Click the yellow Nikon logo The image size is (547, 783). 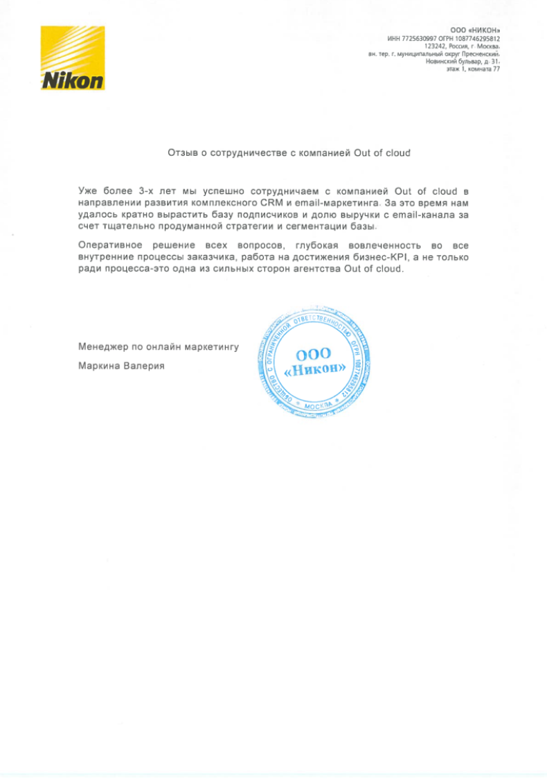(x=73, y=58)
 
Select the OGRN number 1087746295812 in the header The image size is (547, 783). (x=478, y=39)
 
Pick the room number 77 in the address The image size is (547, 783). (x=495, y=69)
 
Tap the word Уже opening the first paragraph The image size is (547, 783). (x=89, y=190)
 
